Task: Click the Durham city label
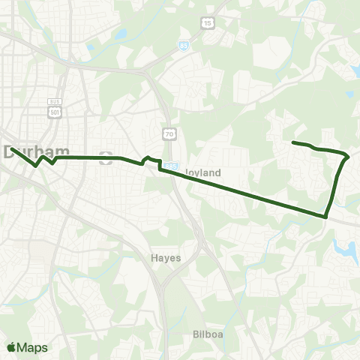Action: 31,151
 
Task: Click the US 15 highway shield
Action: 206,24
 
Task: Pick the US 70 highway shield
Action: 170,133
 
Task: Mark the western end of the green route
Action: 10,148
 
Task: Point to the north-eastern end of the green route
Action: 292,142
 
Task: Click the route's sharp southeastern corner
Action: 326,217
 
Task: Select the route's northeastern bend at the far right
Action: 347,157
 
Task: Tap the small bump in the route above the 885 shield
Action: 147,157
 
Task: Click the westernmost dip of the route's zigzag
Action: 36,165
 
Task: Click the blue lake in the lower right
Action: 344,250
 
